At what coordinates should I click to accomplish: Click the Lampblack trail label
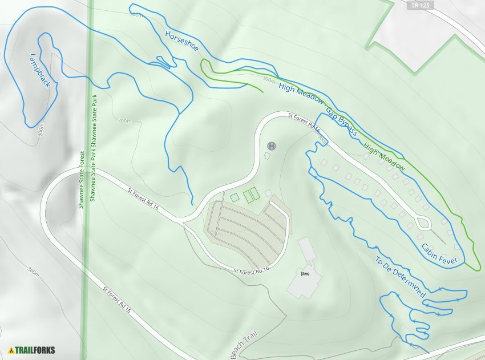(40, 71)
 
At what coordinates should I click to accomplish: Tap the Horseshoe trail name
(181, 41)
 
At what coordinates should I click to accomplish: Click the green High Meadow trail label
(384, 158)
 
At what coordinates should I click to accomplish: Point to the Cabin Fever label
(439, 254)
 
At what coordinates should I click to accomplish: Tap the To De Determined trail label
(400, 277)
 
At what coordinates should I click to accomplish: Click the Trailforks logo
(32, 350)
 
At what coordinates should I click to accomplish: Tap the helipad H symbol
(271, 145)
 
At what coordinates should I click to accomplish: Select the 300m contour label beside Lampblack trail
(41, 131)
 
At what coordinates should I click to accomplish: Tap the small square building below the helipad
(267, 155)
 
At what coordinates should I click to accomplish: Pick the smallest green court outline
(235, 197)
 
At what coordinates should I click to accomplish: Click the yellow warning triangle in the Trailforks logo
(11, 350)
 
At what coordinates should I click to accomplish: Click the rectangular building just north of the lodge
(306, 249)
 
